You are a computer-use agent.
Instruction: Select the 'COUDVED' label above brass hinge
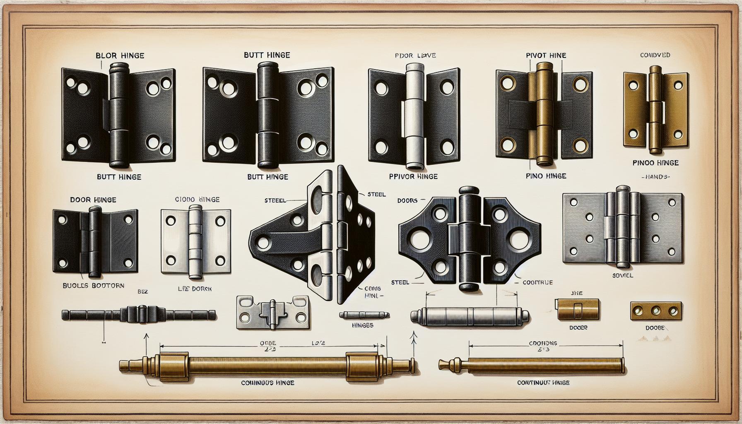pos(655,55)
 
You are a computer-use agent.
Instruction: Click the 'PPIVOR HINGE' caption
pos(413,176)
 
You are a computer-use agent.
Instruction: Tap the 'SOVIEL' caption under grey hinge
pos(622,275)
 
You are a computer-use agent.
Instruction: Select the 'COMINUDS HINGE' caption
pos(267,383)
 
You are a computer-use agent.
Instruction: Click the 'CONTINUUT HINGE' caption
pos(543,383)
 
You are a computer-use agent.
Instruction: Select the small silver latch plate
pos(273,313)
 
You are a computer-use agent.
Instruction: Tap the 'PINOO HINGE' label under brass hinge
pos(655,163)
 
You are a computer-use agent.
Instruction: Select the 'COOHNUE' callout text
pos(537,282)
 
